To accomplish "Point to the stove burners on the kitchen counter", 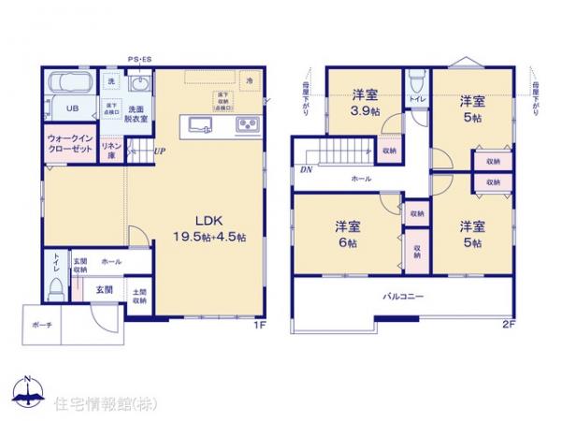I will (x=248, y=124).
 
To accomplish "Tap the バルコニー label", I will (x=403, y=296).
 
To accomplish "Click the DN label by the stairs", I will (x=305, y=170).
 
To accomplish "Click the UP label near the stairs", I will (x=160, y=151).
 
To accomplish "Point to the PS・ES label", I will (x=140, y=58).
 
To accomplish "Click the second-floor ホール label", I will (x=361, y=178).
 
